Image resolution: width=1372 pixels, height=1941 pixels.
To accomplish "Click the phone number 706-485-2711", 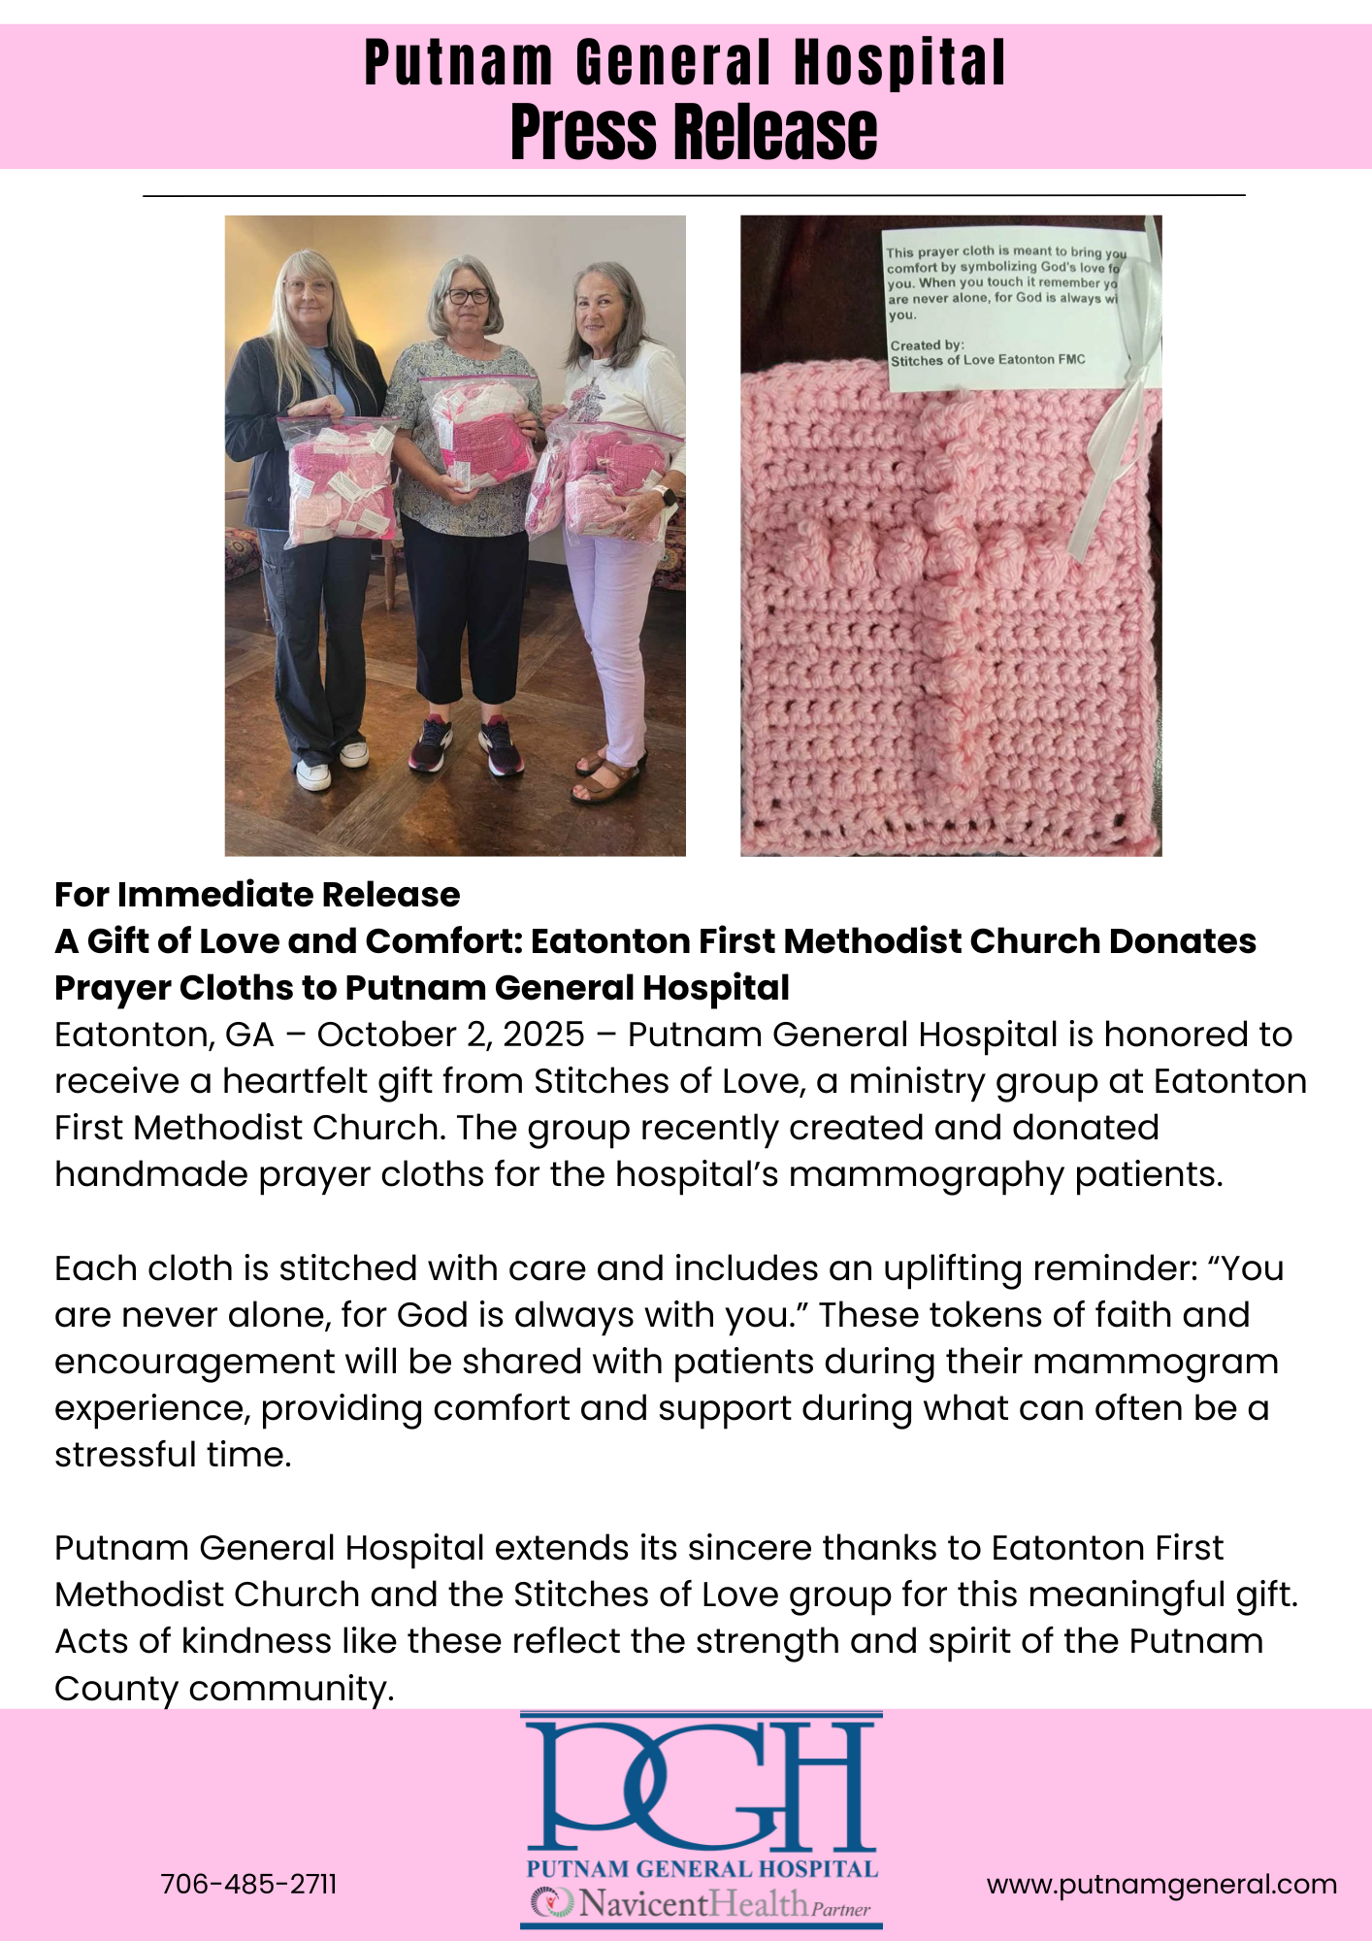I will click(x=248, y=1884).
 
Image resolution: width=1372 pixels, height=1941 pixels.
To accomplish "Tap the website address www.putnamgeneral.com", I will click(x=1161, y=1884).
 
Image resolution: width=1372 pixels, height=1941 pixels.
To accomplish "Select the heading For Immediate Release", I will click(x=257, y=894).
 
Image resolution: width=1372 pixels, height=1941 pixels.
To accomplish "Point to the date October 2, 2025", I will click(x=451, y=1035).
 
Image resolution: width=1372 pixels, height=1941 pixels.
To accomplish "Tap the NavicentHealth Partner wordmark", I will click(x=701, y=1905).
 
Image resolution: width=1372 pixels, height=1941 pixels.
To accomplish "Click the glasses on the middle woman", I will click(x=468, y=296).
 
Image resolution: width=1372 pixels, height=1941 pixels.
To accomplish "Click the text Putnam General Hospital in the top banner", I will click(x=685, y=63).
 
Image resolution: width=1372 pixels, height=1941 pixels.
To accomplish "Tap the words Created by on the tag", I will click(x=927, y=345).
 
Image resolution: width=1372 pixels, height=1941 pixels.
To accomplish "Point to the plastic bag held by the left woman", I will click(x=338, y=476).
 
